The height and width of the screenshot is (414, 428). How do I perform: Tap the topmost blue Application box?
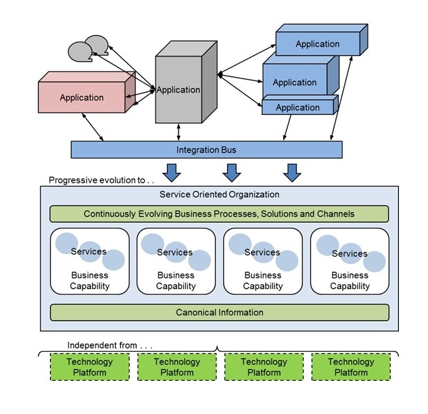pos(317,44)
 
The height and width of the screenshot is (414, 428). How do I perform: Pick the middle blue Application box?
pos(295,82)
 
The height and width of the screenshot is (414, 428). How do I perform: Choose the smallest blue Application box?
pos(298,107)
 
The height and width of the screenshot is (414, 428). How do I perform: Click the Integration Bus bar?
pos(206,149)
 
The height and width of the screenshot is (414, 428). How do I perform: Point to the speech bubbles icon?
pos(89,47)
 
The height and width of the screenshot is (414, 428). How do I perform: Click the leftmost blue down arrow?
pos(172,172)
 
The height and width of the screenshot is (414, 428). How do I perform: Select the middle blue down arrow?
pos(232,172)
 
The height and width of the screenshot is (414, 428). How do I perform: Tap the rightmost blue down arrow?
pos(292,172)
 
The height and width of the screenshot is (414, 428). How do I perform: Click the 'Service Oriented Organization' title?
pos(219,195)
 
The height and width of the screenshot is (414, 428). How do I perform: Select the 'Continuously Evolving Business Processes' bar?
pos(219,214)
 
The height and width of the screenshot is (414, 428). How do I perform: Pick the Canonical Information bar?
pos(219,313)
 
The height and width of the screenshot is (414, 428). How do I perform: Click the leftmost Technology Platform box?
pos(90,367)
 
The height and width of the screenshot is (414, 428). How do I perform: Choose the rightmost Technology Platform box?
pos(350,367)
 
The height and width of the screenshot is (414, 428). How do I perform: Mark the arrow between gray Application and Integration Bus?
pos(178,132)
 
